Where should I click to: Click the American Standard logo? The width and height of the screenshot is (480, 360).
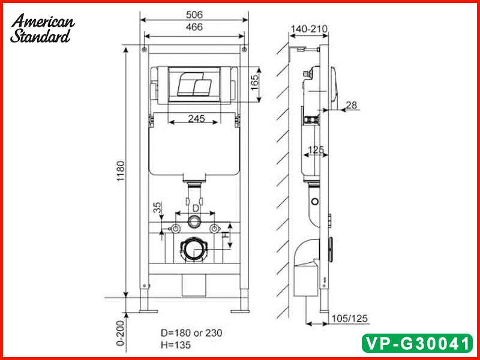click(43, 29)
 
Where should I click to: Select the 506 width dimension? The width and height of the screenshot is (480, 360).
click(194, 13)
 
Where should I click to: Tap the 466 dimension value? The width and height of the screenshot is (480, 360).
click(194, 27)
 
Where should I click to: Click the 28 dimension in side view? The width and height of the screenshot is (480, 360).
click(351, 105)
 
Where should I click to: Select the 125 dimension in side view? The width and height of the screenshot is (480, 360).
click(316, 150)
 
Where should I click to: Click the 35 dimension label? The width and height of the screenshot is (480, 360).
click(157, 208)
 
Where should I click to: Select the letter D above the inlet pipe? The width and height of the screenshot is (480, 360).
click(195, 208)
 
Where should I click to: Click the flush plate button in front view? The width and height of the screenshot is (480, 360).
click(194, 85)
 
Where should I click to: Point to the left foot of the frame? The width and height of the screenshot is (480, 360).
click(145, 310)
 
